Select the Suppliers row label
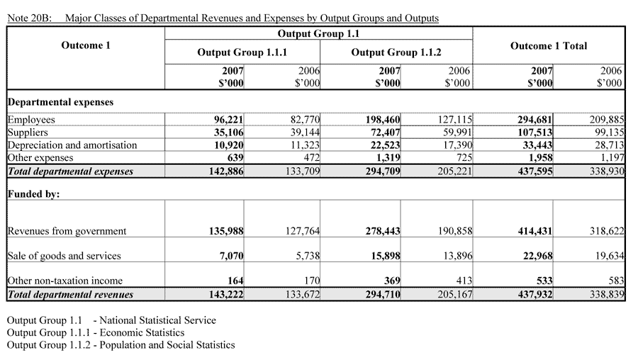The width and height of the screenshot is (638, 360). tap(27, 132)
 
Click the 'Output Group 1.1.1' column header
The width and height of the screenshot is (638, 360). tap(242, 52)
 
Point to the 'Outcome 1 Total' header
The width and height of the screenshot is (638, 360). tap(548, 46)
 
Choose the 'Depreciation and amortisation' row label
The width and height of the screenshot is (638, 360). tap(72, 145)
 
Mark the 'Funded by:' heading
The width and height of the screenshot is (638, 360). tap(33, 194)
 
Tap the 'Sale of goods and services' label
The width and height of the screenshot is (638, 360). tap(64, 256)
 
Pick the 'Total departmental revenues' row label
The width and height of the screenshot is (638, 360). tap(70, 294)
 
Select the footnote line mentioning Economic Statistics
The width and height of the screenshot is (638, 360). tap(96, 332)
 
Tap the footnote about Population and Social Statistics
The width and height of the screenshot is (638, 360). tap(121, 345)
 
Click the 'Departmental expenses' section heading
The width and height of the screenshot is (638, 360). tap(60, 102)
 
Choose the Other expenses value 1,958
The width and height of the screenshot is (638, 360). tap(539, 157)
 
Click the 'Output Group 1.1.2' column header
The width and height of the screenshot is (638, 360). tap(396, 52)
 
